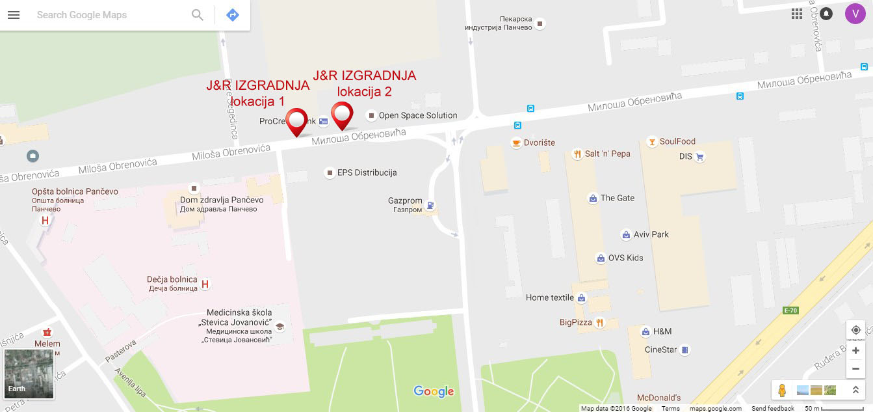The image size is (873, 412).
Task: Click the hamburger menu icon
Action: [x=13, y=15]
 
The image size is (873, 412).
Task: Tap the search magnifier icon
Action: [x=198, y=15]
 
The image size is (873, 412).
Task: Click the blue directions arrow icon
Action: [x=233, y=15]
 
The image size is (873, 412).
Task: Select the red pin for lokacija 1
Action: [x=297, y=121]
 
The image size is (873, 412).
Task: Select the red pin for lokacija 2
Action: [x=342, y=115]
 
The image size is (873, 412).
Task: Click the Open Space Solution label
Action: [x=418, y=115]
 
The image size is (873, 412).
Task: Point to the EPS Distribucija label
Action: [x=367, y=172]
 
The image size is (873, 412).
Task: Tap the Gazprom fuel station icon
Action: [x=429, y=206]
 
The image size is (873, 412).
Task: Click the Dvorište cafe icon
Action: [x=516, y=143]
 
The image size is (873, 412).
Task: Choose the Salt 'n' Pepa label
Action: [x=607, y=154]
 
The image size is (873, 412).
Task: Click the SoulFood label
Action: [x=677, y=141]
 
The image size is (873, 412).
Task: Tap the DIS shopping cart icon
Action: [x=700, y=156]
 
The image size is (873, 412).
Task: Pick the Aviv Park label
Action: [x=652, y=234]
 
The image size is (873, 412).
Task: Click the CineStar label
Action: [x=660, y=350]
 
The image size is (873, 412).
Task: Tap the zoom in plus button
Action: [x=856, y=351]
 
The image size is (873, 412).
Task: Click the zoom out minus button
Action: [x=856, y=368]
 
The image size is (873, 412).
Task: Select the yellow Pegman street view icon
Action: [x=782, y=390]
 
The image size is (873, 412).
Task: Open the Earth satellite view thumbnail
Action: [x=29, y=374]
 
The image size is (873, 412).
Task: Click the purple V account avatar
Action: [x=855, y=14]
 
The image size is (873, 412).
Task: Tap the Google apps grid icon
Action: [x=797, y=14]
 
